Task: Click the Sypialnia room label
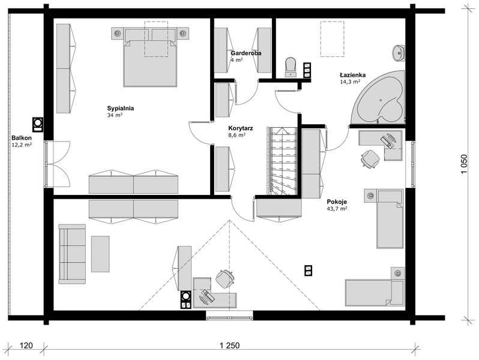121,108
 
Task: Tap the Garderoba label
246,53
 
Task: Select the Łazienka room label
353,75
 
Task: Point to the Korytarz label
241,128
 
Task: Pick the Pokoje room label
337,202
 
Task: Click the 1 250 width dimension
229,346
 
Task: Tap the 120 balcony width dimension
26,346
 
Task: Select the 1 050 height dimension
464,164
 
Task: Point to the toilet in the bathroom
291,67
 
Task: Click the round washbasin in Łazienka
399,53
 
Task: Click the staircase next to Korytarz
283,161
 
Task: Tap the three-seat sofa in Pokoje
72,254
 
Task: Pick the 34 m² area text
115,115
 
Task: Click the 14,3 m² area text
350,82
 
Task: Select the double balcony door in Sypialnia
58,164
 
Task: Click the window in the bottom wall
229,316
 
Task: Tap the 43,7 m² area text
337,209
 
